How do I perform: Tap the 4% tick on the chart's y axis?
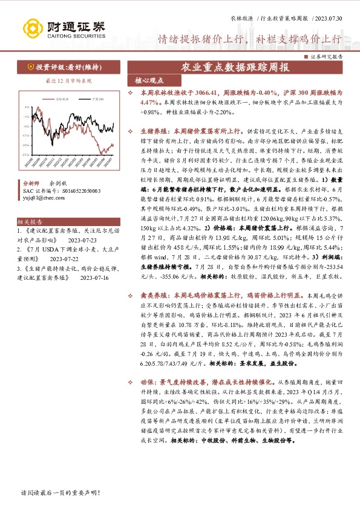[25, 106]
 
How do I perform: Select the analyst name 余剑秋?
[59, 181]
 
